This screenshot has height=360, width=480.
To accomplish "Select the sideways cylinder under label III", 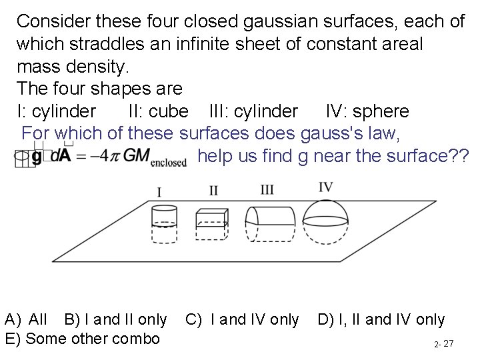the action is [x=269, y=223].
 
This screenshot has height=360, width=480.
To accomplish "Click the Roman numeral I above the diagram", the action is [x=159, y=193].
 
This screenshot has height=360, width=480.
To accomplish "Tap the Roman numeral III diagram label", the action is [x=267, y=189].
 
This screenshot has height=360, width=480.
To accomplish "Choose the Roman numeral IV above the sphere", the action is [x=326, y=187].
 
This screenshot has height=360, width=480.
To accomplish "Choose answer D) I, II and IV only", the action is [x=381, y=320].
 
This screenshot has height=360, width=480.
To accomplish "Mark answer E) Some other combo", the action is [x=82, y=339].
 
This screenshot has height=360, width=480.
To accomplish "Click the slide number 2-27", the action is [x=443, y=344].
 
